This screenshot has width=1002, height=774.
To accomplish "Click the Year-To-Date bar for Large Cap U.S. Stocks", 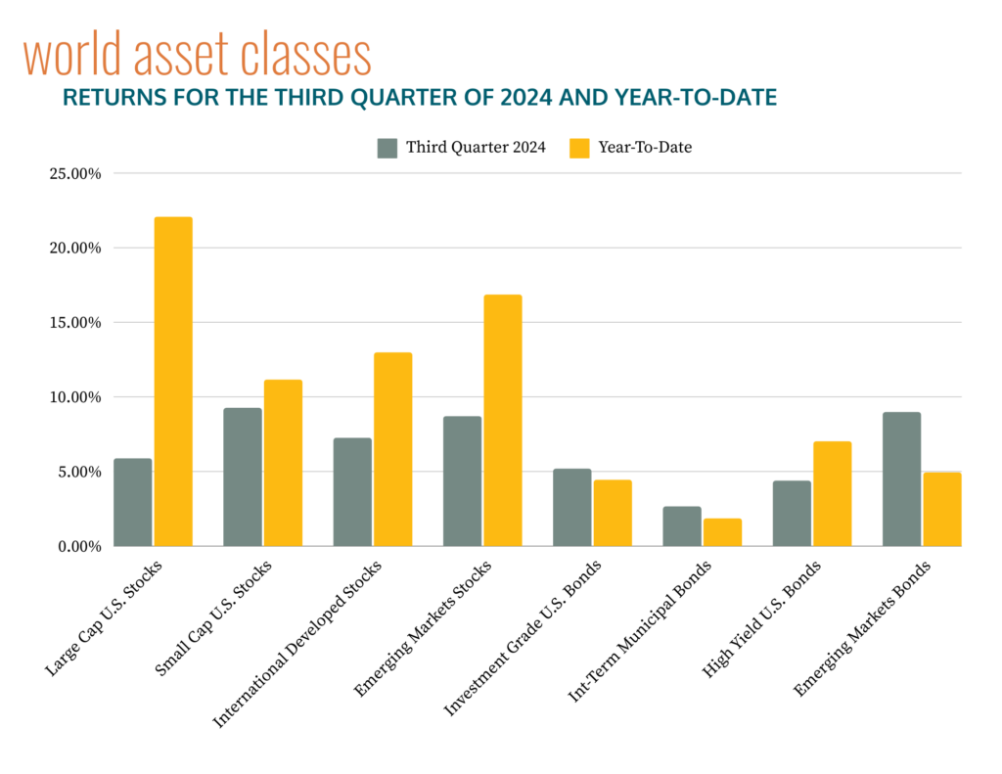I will click(x=172, y=382).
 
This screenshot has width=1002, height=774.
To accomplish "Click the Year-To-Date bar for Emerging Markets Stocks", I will click(x=502, y=421).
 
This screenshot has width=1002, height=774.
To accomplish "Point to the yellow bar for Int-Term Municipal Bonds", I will click(x=722, y=532).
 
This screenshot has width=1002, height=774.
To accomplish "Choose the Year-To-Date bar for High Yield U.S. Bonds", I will click(x=832, y=494).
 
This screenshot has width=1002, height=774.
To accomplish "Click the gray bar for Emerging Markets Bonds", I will click(x=901, y=479).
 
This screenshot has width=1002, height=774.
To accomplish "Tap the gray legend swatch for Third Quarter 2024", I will click(x=387, y=148).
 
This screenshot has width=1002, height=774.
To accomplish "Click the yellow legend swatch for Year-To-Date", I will click(x=580, y=148).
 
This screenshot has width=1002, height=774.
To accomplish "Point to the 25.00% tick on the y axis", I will click(x=74, y=174).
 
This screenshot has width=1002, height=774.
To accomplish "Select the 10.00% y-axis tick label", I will click(x=74, y=397).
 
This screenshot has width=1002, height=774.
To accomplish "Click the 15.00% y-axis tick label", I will click(x=74, y=323).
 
